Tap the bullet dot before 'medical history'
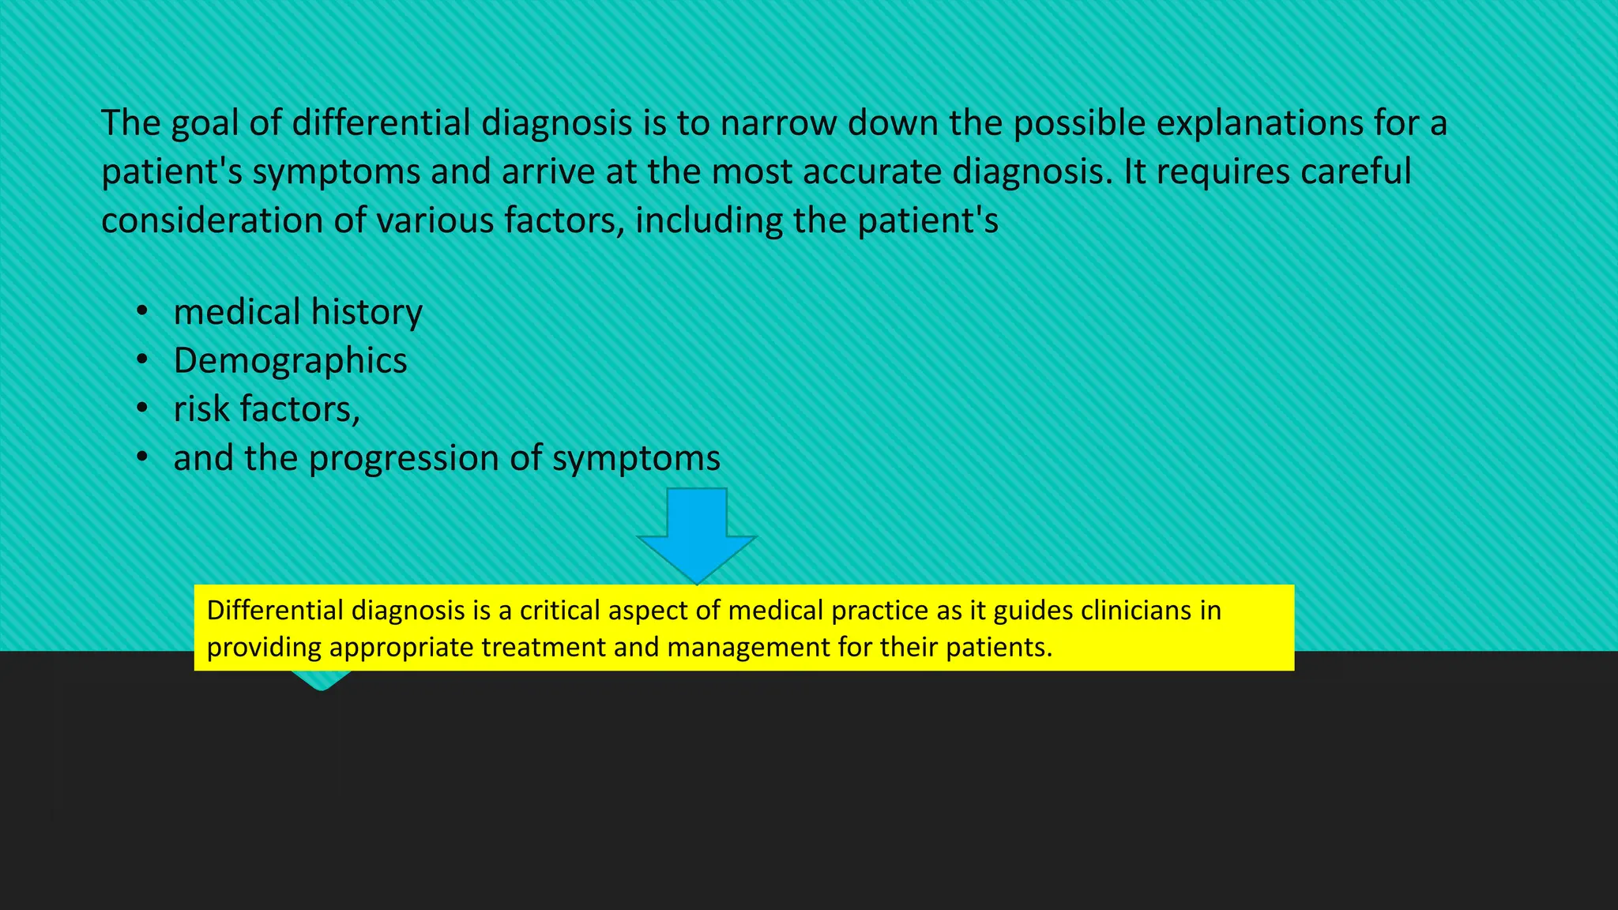coord(141,312)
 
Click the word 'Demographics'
coord(290,361)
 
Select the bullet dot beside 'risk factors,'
coord(141,409)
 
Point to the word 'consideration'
coord(212,221)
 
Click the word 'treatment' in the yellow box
coord(544,648)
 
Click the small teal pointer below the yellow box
coord(321,680)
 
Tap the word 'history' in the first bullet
coord(367,312)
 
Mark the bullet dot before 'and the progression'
coord(141,458)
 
